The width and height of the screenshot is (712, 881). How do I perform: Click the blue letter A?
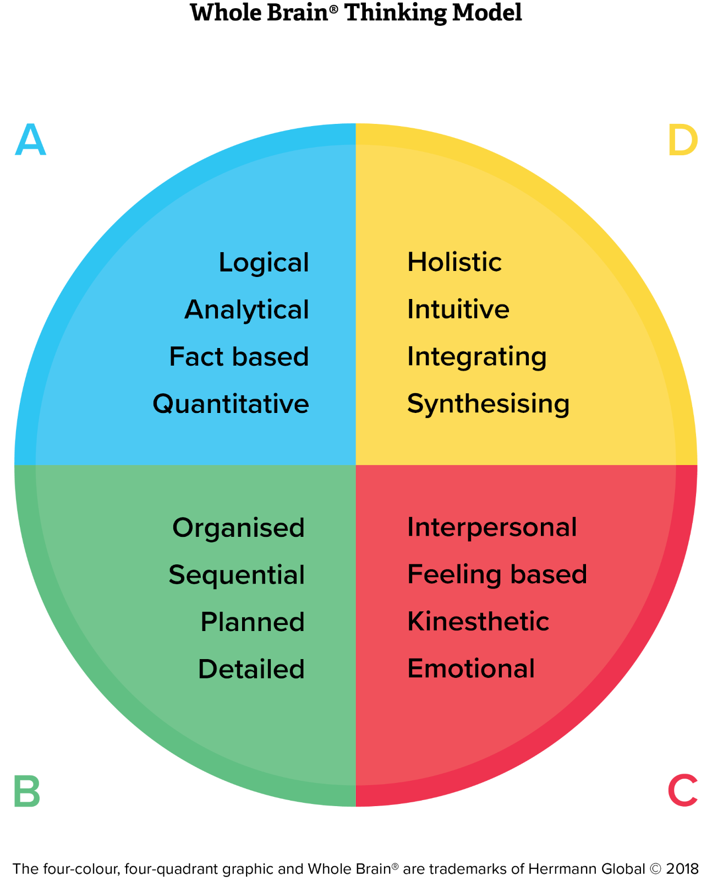click(x=31, y=139)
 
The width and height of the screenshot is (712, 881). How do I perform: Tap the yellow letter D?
click(x=683, y=140)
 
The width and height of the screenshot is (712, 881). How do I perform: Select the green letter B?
click(x=28, y=791)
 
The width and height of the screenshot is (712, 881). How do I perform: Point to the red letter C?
click(x=683, y=790)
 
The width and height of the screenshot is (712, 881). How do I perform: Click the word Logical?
click(x=264, y=263)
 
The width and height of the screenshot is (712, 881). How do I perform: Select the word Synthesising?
click(x=488, y=405)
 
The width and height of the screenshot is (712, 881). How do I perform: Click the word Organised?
click(x=238, y=529)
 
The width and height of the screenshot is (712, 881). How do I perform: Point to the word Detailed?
click(x=251, y=669)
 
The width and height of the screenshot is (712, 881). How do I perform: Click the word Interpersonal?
click(x=492, y=528)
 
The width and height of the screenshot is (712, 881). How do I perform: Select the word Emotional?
click(x=470, y=668)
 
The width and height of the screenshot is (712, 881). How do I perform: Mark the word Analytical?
click(x=247, y=310)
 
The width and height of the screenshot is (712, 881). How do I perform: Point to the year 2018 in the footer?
click(x=682, y=869)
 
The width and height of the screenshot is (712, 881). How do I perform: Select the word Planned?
click(x=253, y=622)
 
